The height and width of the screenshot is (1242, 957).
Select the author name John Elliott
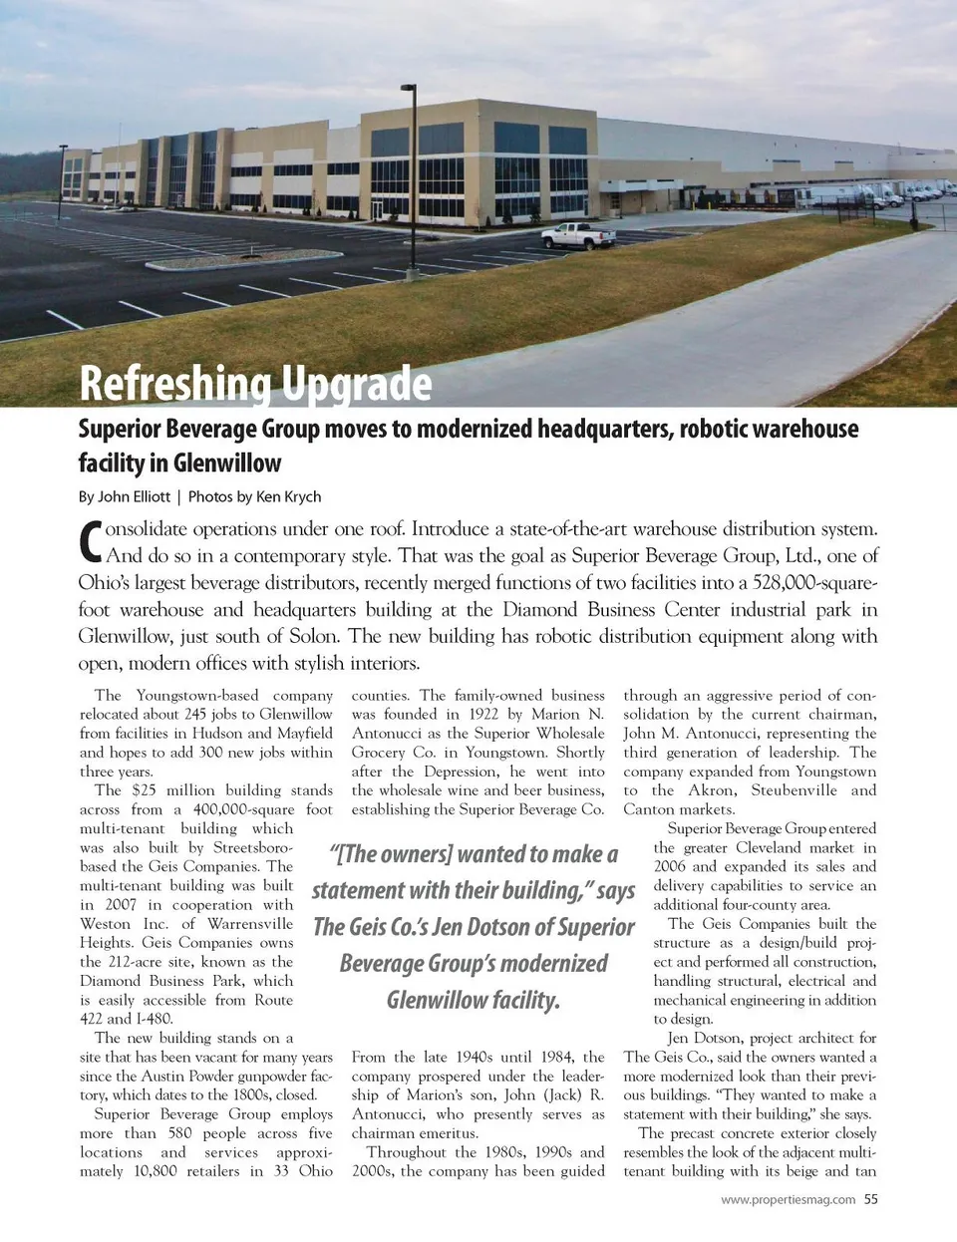[x=134, y=496]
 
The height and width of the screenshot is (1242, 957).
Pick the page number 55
[x=871, y=1199]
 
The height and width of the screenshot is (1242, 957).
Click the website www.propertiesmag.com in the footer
[x=788, y=1199]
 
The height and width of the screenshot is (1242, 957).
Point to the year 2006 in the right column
[x=670, y=866]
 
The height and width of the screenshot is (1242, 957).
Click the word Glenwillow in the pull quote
[x=474, y=1000]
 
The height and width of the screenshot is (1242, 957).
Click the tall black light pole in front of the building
[x=410, y=150]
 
